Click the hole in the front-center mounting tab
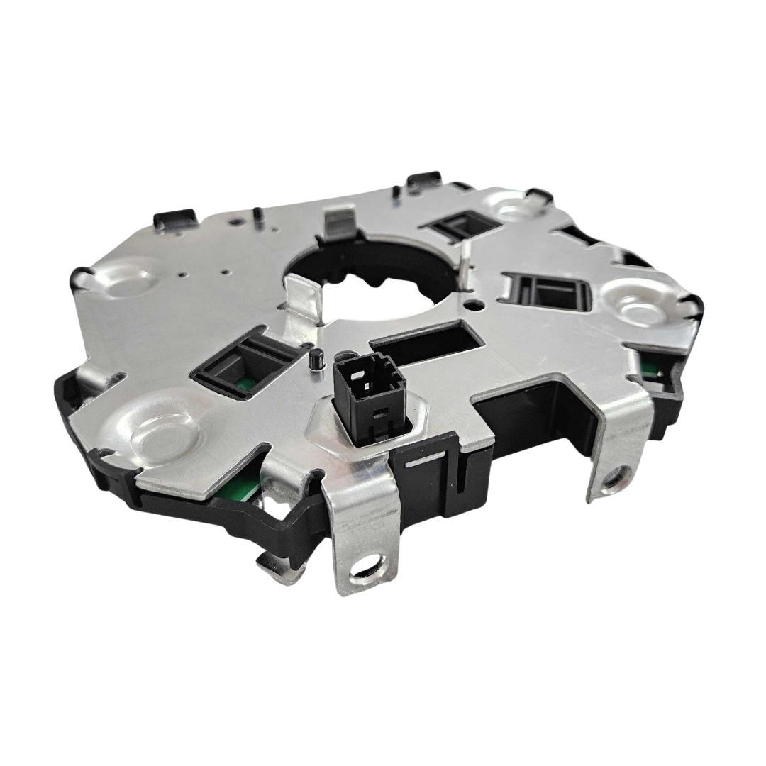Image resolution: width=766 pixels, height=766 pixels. point(365,567)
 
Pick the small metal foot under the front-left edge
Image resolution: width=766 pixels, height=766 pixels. point(273,563)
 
